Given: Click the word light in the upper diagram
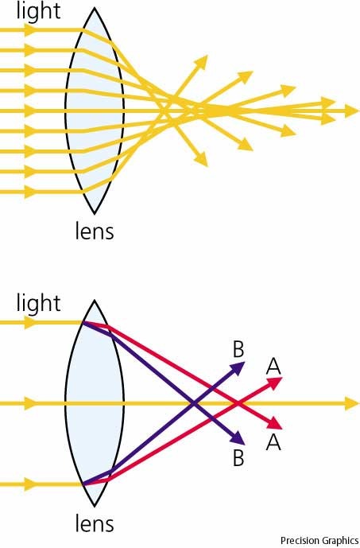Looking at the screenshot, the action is click(x=38, y=12).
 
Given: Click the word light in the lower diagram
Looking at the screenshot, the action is click(x=38, y=304).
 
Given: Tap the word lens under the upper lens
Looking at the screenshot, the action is click(x=95, y=231).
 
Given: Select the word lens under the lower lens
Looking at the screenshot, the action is click(x=95, y=523).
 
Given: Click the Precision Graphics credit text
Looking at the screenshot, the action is click(x=319, y=540).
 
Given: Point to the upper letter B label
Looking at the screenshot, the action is click(x=238, y=349).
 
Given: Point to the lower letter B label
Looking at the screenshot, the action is click(x=238, y=458).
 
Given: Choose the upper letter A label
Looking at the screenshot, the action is click(x=273, y=367).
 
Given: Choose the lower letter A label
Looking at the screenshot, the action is click(x=273, y=442).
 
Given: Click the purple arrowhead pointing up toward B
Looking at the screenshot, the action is click(x=238, y=367).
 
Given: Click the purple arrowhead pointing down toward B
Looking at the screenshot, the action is click(x=238, y=439).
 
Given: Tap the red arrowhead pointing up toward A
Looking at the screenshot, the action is click(x=275, y=383).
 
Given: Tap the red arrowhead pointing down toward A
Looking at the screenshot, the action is click(x=275, y=424).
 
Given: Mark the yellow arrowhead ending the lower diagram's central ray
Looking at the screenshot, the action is click(x=352, y=404).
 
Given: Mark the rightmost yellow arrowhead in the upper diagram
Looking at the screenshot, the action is click(x=352, y=111).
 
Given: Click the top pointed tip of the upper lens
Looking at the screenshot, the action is click(x=95, y=8).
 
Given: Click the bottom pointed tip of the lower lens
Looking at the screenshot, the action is click(x=95, y=506).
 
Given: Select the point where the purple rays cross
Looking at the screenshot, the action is click(x=194, y=404).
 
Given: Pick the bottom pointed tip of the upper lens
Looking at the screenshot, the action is click(x=95, y=213).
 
